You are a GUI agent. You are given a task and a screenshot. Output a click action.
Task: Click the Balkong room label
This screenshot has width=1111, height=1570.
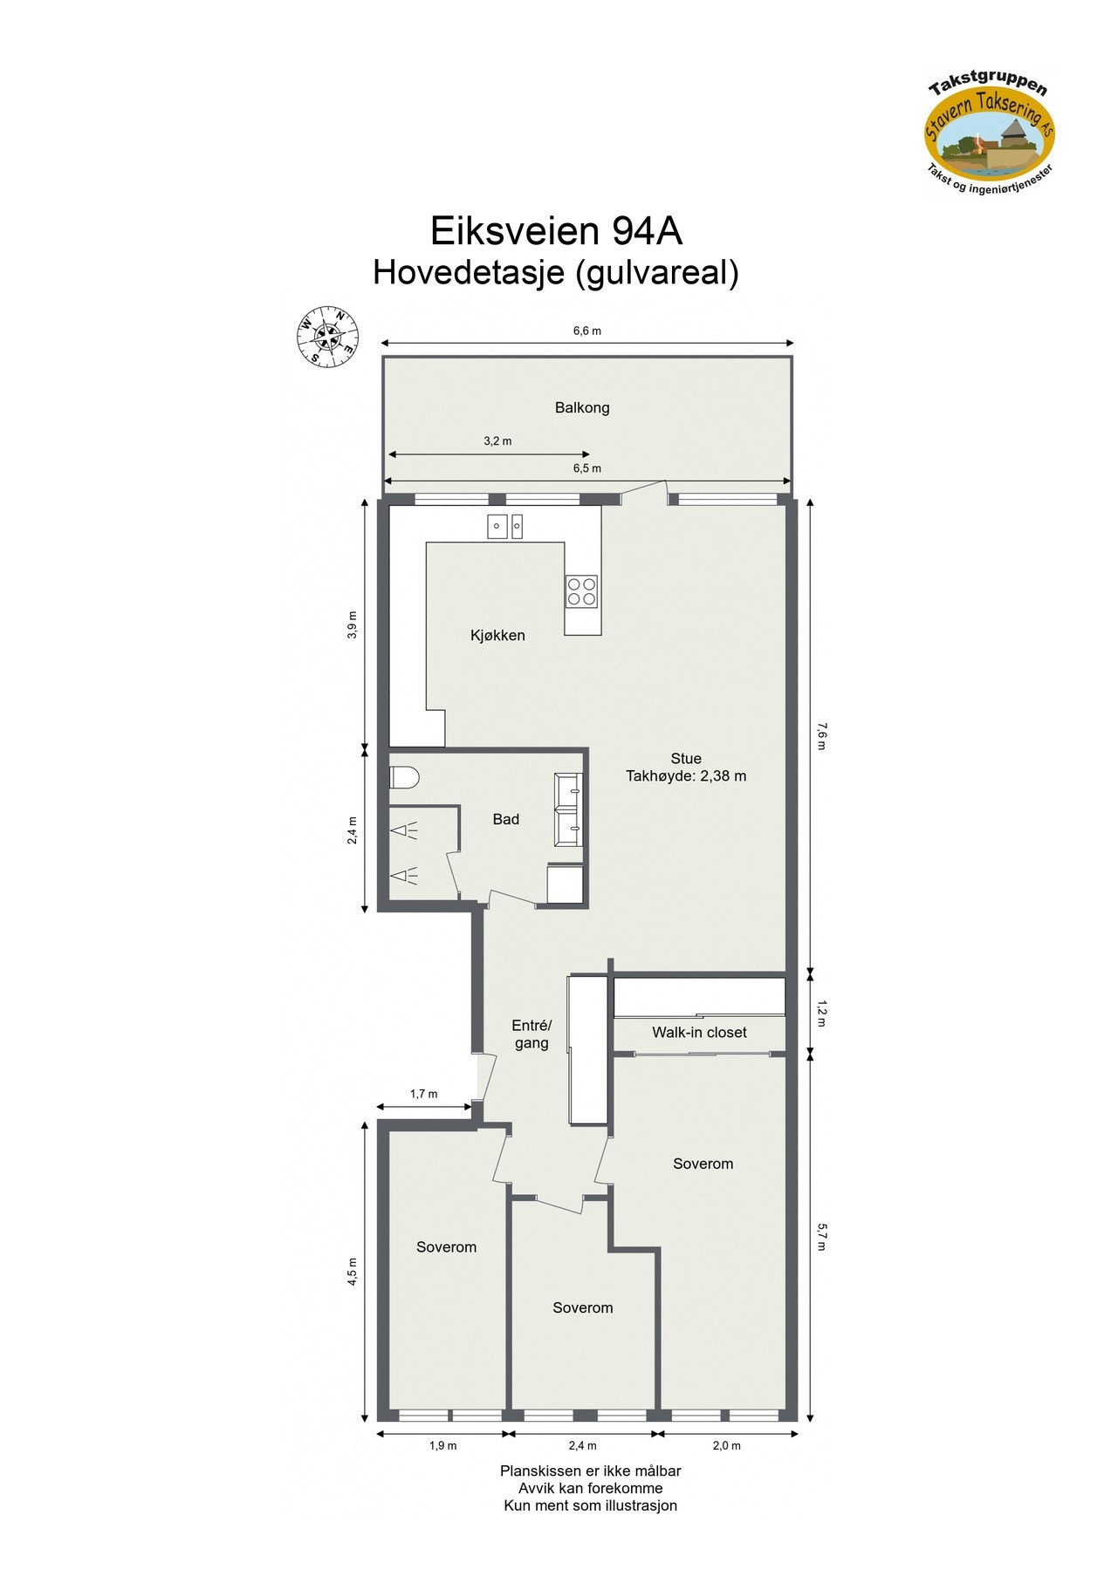tap(582, 407)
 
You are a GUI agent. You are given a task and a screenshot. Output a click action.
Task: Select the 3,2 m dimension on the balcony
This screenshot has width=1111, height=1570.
tap(497, 441)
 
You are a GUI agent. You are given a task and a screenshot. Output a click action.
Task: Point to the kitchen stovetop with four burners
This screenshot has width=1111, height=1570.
tap(582, 590)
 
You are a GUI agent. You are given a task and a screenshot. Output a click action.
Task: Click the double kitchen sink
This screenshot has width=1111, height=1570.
tap(504, 526)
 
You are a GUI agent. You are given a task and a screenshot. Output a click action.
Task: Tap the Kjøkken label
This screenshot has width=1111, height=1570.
tap(497, 636)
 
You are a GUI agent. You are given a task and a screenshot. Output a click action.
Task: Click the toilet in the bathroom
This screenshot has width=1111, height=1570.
tap(405, 776)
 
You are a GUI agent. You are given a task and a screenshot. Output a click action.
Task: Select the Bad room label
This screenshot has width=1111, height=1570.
tap(505, 819)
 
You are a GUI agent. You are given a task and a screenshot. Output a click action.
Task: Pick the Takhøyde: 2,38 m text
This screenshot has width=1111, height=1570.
tap(686, 776)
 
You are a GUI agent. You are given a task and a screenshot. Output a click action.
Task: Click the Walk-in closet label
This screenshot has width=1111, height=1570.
tap(699, 1033)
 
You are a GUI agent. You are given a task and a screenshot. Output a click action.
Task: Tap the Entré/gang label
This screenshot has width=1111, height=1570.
tap(531, 1034)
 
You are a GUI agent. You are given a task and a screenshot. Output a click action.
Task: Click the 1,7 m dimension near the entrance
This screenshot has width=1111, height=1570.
tap(423, 1094)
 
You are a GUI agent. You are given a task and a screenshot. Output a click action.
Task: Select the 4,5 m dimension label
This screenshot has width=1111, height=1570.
tap(353, 1272)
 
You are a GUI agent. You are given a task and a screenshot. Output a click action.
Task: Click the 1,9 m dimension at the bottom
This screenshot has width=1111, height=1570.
tap(442, 1445)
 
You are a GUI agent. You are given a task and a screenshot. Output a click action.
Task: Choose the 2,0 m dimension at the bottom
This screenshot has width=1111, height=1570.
tap(726, 1445)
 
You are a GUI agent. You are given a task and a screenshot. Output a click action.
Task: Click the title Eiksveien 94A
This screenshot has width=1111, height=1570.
tap(556, 231)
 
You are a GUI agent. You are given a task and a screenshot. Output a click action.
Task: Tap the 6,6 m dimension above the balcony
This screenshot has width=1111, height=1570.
tap(586, 331)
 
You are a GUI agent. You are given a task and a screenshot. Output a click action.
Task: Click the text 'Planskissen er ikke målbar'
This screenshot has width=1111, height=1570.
tap(590, 1471)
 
